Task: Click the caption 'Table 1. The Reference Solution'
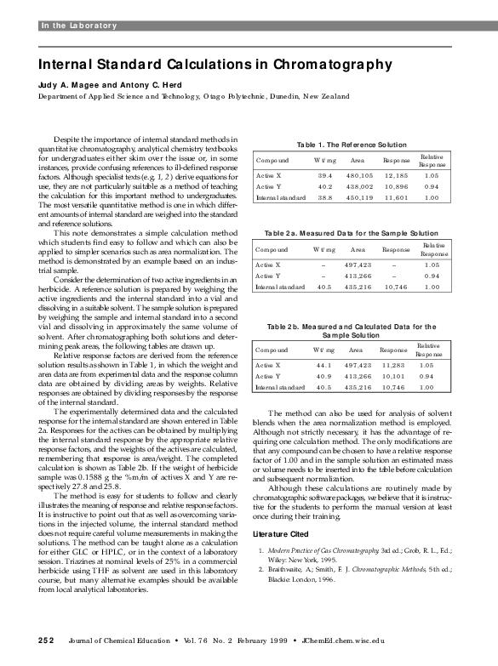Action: pyautogui.click(x=350, y=145)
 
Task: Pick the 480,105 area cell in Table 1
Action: pyautogui.click(x=359, y=174)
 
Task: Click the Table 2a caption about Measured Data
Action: pyautogui.click(x=352, y=233)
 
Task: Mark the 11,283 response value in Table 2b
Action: pyautogui.click(x=393, y=365)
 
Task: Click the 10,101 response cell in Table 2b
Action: pyautogui.click(x=393, y=376)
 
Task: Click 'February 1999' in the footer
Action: pyautogui.click(x=256, y=639)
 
